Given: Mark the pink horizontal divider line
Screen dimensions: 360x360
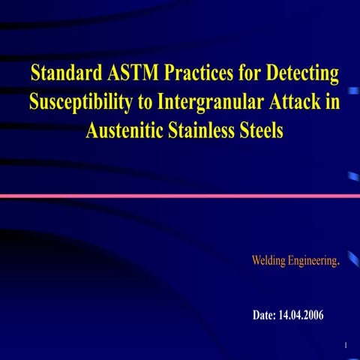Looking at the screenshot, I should (x=180, y=196).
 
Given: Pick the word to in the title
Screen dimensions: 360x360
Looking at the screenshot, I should (x=148, y=102).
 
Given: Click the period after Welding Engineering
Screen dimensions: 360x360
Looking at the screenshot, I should (x=340, y=262).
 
